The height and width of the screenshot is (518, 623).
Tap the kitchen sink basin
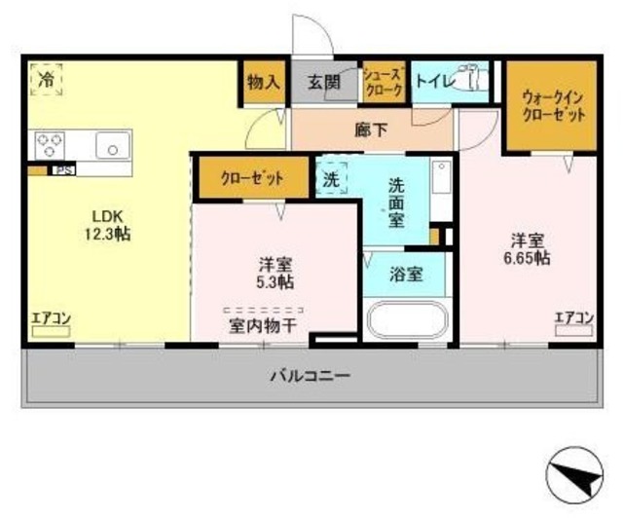click(x=113, y=147)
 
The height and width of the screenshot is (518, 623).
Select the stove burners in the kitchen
click(x=49, y=145)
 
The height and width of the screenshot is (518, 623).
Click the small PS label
click(x=64, y=170)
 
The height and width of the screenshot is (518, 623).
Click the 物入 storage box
click(x=260, y=83)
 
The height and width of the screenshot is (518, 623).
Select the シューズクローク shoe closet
click(x=382, y=82)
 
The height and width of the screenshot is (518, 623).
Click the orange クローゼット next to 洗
click(x=251, y=178)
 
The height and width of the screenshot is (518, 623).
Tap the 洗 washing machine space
click(x=331, y=179)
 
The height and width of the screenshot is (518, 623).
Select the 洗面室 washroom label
click(x=396, y=202)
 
